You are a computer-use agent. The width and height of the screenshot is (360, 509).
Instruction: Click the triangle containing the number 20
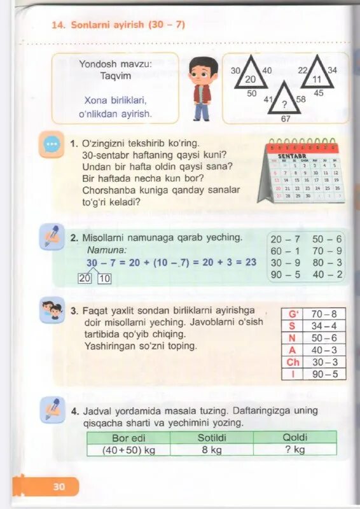[x=250, y=74]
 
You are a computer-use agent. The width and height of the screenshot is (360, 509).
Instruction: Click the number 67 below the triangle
[x=286, y=119]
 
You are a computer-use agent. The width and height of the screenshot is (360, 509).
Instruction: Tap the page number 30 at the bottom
[x=59, y=487]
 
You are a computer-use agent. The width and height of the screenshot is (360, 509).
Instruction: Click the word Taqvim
[x=116, y=76]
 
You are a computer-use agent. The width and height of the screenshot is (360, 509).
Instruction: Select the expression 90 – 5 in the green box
[x=285, y=275]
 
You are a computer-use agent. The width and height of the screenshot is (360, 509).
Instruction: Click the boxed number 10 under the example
[x=104, y=278]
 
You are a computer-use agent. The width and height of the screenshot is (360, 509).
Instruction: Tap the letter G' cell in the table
[x=293, y=314]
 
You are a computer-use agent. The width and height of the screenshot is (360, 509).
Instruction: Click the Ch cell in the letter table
[x=293, y=362]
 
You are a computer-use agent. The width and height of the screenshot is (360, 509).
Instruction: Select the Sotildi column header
[x=212, y=437]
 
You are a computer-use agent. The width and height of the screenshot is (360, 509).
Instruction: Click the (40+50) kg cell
[x=128, y=450]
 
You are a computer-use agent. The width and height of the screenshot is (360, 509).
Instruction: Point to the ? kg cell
[x=294, y=450]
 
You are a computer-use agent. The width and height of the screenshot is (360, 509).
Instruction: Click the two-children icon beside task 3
[x=52, y=310]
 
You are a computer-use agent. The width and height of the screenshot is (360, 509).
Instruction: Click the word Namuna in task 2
[x=107, y=250]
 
